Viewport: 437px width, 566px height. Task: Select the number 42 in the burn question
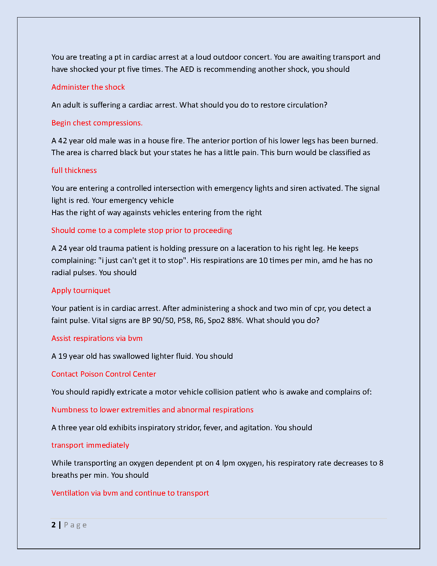[x=62, y=141]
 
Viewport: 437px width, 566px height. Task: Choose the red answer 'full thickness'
[x=74, y=170]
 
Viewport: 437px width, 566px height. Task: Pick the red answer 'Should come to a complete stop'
[x=141, y=230]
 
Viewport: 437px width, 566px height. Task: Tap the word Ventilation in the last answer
[x=70, y=493]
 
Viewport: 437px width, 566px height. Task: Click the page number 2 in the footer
[x=54, y=525]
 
